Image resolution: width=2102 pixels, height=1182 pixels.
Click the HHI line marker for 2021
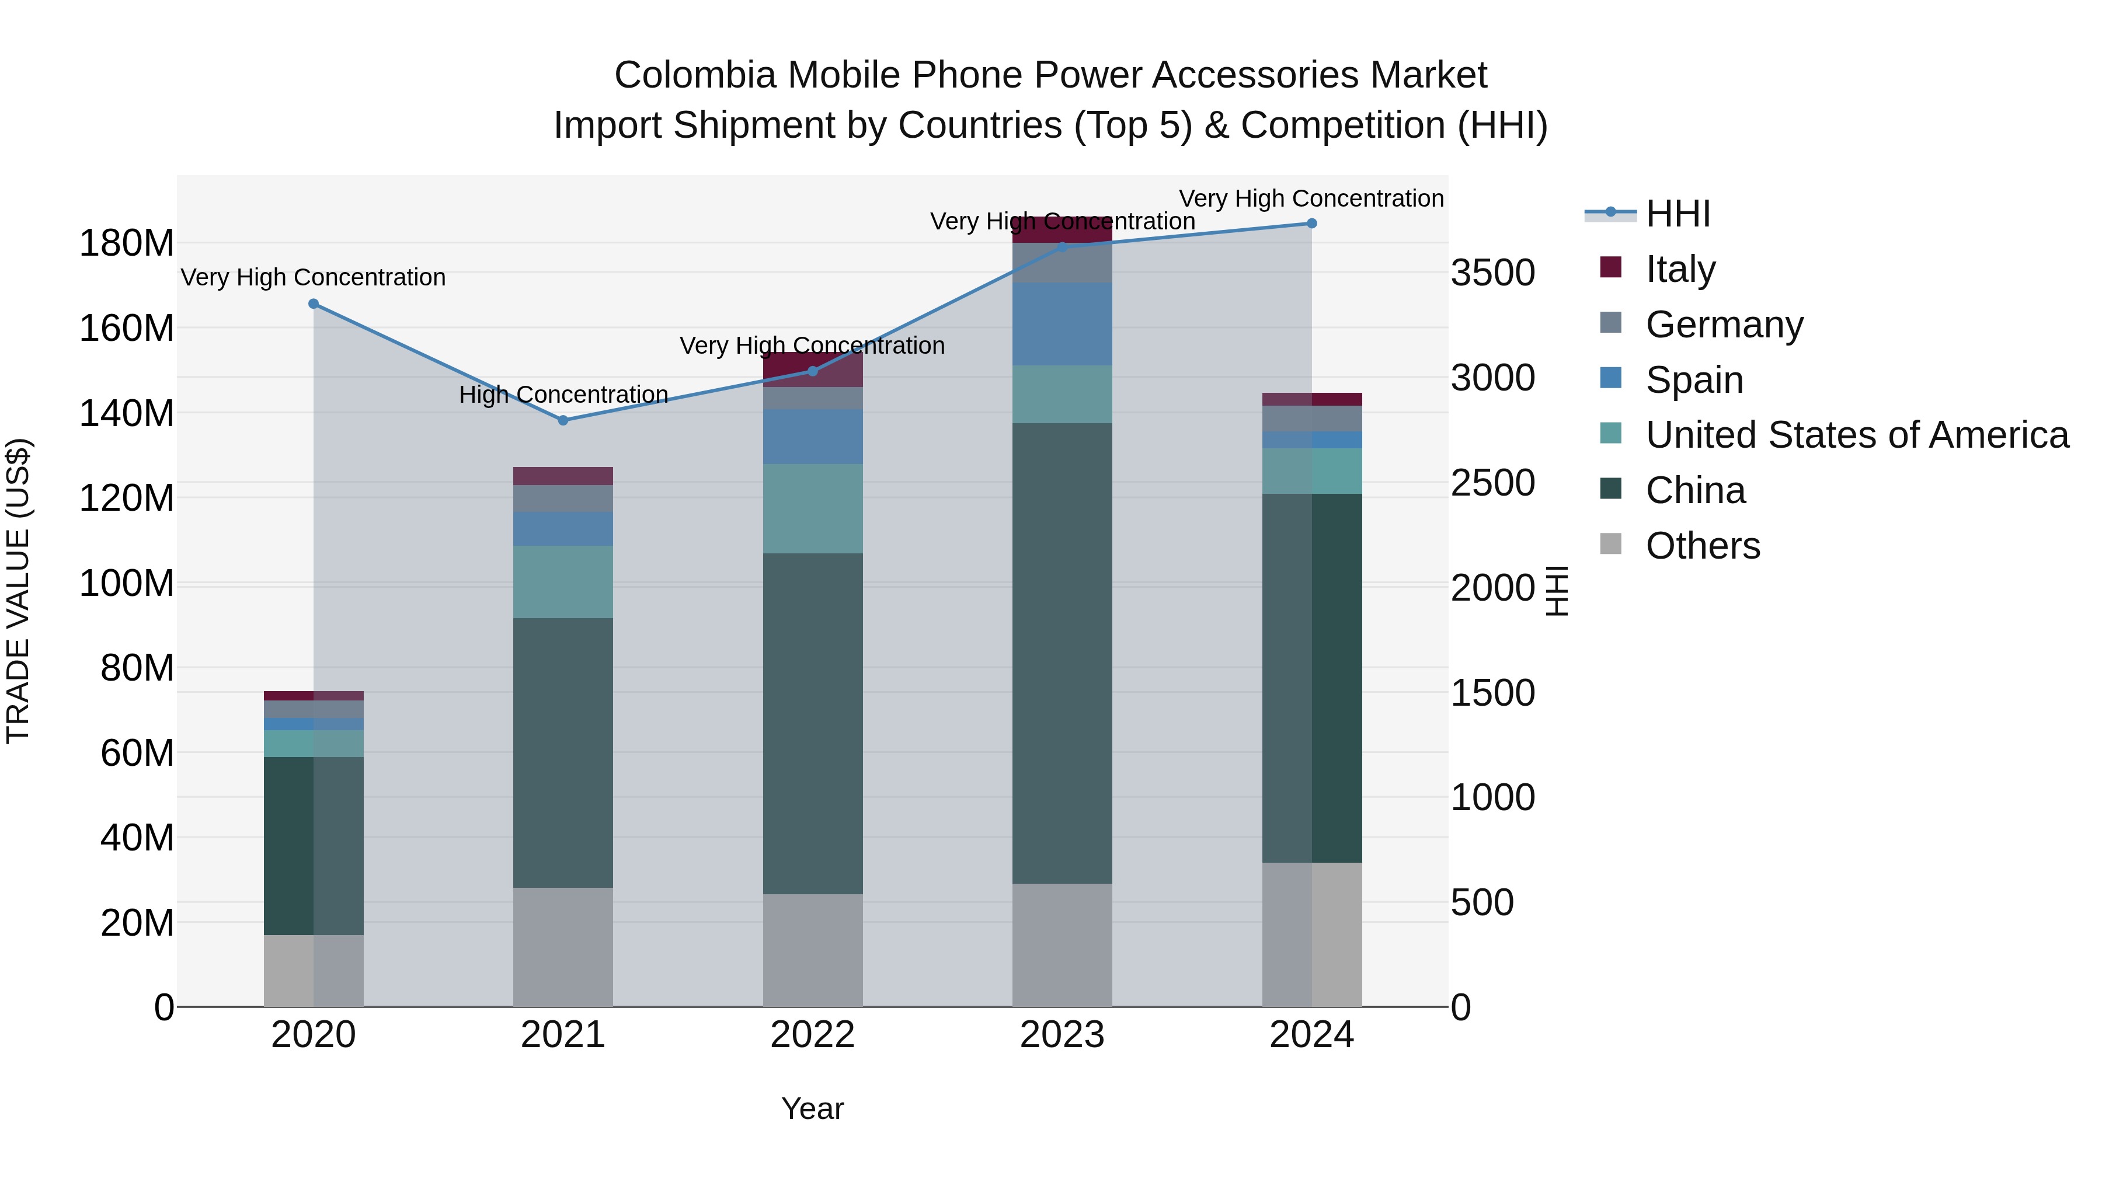[562, 420]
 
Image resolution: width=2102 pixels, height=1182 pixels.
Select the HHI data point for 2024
[1311, 224]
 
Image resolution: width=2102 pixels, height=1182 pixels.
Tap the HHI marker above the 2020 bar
[314, 304]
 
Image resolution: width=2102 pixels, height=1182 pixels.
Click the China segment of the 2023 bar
[1062, 653]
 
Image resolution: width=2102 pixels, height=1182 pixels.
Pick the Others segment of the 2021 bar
[562, 946]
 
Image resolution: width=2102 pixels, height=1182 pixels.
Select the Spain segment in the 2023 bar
[1062, 324]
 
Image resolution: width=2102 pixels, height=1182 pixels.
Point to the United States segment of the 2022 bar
[812, 508]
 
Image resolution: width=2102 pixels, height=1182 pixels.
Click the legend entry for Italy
[1680, 269]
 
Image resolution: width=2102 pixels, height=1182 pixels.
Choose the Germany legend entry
[1724, 324]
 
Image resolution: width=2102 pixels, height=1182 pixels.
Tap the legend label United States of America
[1856, 435]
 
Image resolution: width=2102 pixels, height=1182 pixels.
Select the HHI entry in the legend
[1677, 214]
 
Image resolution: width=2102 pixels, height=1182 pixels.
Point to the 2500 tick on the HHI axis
[1492, 482]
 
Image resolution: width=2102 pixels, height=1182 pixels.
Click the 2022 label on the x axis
[812, 1035]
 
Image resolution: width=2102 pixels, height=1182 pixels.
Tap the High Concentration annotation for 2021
[563, 394]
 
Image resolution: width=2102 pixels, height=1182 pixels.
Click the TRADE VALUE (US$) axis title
[18, 591]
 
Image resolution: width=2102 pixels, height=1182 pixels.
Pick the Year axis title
[812, 1108]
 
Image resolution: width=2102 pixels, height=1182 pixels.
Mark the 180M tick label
[127, 243]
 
